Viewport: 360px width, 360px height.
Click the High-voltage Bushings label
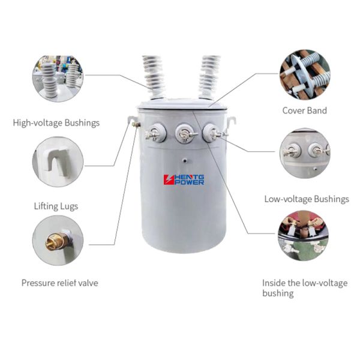56,123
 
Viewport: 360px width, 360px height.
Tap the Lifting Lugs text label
56,206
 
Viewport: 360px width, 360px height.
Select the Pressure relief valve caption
59,283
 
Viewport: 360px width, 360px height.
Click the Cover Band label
305,110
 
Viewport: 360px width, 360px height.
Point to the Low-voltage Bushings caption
306,199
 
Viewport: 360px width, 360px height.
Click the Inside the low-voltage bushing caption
304,288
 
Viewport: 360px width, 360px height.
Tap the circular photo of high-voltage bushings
58,79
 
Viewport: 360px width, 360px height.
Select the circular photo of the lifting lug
58,161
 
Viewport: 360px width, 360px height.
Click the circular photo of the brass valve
58,240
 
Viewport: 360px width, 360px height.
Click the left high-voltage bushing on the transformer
154,77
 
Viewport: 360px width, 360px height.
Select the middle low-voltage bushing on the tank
184,133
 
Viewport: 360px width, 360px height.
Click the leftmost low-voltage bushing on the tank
155,133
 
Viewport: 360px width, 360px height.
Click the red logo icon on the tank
169,179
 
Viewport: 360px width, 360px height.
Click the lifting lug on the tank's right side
232,121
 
